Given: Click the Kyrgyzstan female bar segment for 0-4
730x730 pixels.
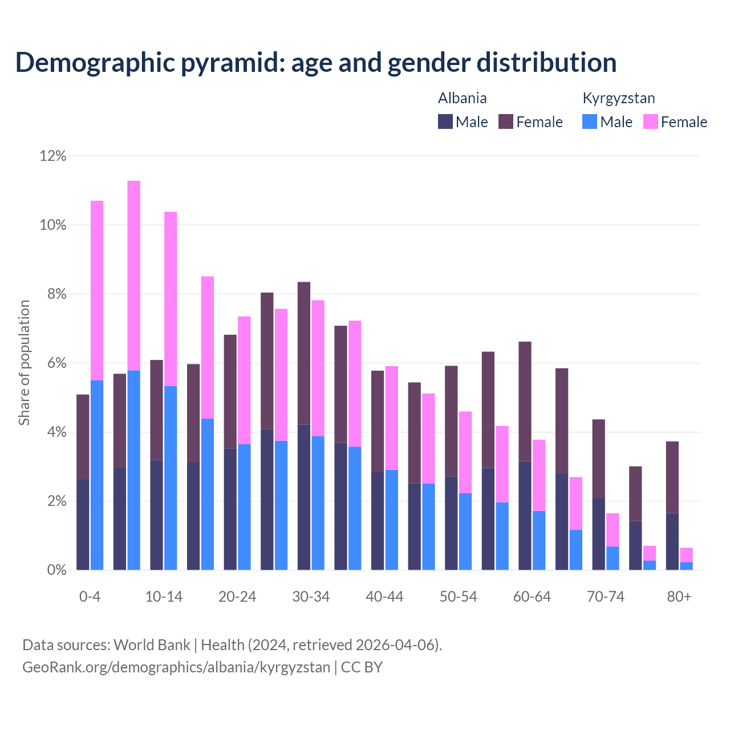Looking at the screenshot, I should pos(97,290).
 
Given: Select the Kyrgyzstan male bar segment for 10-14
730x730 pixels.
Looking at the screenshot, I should pos(171,478).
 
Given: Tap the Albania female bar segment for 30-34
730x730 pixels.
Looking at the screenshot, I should pos(304,353).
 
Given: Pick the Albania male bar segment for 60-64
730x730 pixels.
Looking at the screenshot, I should pos(525,515).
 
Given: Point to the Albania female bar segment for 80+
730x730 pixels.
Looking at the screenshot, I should pos(672,477).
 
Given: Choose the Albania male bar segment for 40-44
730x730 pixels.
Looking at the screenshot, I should pos(378,521).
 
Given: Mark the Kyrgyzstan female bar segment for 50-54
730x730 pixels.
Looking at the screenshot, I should pos(465,452).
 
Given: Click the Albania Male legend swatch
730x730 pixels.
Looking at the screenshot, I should pos(445,121).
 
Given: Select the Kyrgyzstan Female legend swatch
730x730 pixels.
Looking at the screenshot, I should pos(650,121).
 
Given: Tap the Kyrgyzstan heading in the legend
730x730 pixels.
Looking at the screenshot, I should pos(618,98).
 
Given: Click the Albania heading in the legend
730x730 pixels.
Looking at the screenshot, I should pos(462,98).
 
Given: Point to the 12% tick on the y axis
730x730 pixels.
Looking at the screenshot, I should pos(53,156).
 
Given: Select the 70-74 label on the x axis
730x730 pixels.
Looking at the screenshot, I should pos(606,597).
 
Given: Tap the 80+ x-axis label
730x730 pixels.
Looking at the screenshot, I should pos(679,597).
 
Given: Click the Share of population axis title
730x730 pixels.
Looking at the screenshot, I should pos(25,363).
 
